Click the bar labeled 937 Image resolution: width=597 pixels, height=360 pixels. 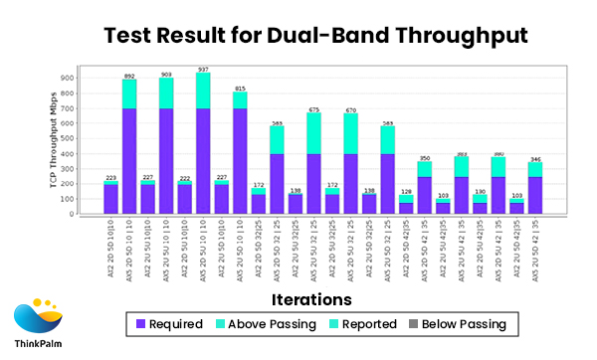click(203, 139)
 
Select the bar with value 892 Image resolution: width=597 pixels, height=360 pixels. click(129, 144)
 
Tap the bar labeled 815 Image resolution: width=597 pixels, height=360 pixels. click(240, 149)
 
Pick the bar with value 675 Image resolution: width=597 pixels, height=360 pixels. click(313, 164)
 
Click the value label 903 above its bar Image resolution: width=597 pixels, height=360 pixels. click(166, 75)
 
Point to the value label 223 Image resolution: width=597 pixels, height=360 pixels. click(110, 178)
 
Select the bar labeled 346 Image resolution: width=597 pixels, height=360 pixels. click(534, 189)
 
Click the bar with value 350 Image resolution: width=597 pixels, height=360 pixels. click(424, 189)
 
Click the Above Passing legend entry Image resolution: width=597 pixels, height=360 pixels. click(263, 324)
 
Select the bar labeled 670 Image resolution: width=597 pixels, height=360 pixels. click(350, 164)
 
